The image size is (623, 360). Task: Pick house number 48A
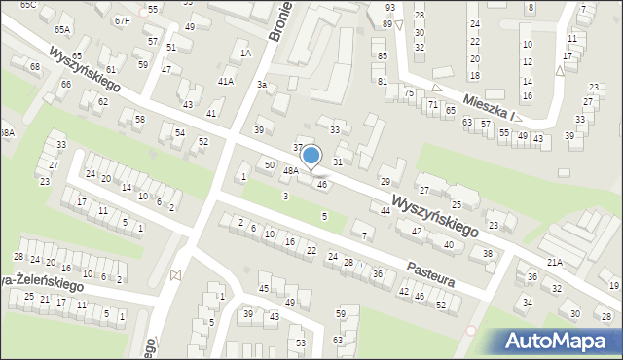[x=290, y=170]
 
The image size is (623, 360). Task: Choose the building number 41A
[x=226, y=82]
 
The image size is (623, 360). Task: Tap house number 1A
[x=246, y=53]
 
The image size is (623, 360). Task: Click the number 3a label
[x=261, y=85]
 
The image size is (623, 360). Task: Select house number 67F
[x=122, y=20]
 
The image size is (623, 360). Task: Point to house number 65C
[x=28, y=5]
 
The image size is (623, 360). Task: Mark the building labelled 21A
[x=555, y=263]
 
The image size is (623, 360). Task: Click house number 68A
[x=7, y=132]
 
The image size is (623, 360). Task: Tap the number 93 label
[x=389, y=8]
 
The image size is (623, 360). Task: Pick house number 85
[x=382, y=56]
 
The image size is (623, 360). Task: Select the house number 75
[x=409, y=92]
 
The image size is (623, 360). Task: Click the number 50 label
[x=269, y=164]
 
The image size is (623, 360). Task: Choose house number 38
[x=488, y=253]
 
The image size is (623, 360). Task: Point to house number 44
[x=385, y=210]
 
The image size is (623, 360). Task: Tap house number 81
[x=383, y=81]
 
